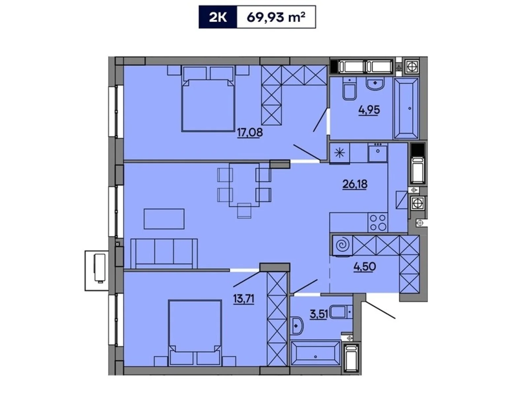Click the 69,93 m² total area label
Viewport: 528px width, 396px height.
tap(276, 17)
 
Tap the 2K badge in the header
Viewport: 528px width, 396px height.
tap(218, 17)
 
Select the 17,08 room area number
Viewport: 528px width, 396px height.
tap(250, 133)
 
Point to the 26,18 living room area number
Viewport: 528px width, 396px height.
tap(355, 184)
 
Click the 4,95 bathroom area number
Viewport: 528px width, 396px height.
tap(369, 110)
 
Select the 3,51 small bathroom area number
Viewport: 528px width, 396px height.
tap(318, 314)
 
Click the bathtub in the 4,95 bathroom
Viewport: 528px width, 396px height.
tap(406, 109)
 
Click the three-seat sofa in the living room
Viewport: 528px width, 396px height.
tap(164, 253)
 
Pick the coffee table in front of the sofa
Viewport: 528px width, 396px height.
tap(164, 218)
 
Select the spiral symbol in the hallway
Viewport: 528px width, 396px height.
tap(342, 246)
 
